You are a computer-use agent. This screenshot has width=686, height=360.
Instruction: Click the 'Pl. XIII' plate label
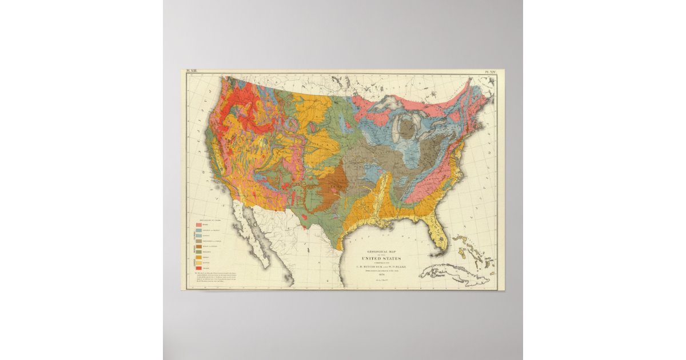pyautogui.click(x=190, y=73)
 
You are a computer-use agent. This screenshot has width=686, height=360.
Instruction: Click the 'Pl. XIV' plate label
pyautogui.click(x=487, y=73)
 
